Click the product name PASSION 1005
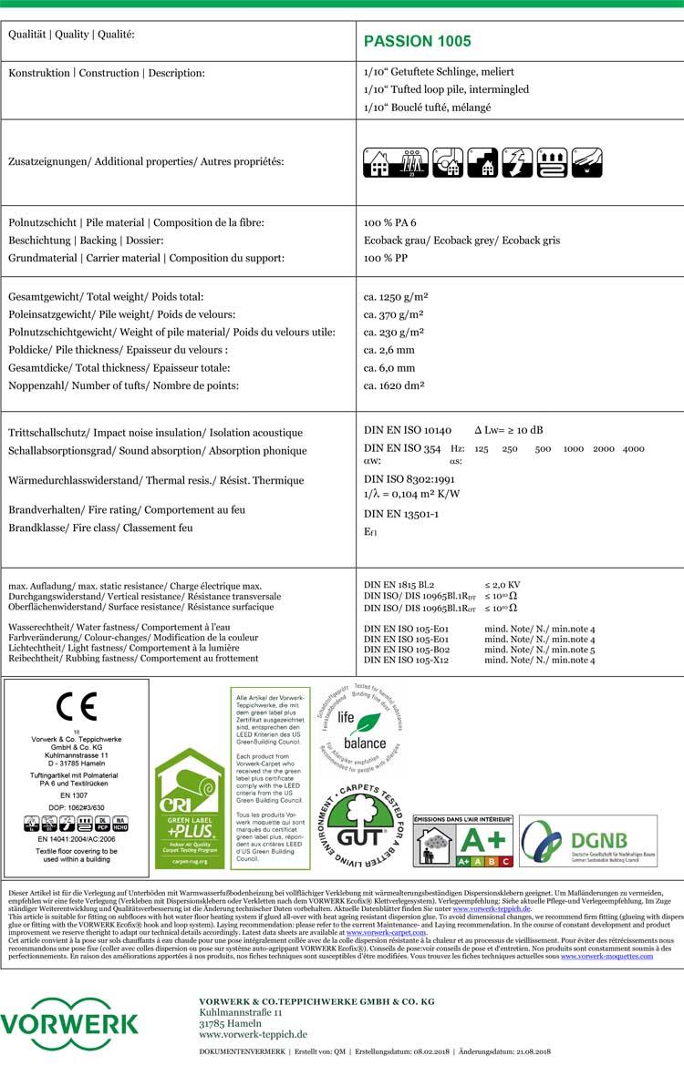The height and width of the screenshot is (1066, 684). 417,41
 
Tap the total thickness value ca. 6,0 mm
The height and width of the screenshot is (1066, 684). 389,368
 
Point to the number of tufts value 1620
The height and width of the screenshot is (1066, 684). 397,385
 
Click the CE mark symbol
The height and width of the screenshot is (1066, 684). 76,706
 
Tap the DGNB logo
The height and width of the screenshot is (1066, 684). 587,841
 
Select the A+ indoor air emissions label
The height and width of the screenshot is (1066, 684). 463,841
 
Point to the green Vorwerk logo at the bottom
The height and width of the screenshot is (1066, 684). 69,1024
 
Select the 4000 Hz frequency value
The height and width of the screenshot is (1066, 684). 633,448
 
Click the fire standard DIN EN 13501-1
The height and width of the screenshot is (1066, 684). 401,514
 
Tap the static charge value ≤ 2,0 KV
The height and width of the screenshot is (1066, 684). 503,583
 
